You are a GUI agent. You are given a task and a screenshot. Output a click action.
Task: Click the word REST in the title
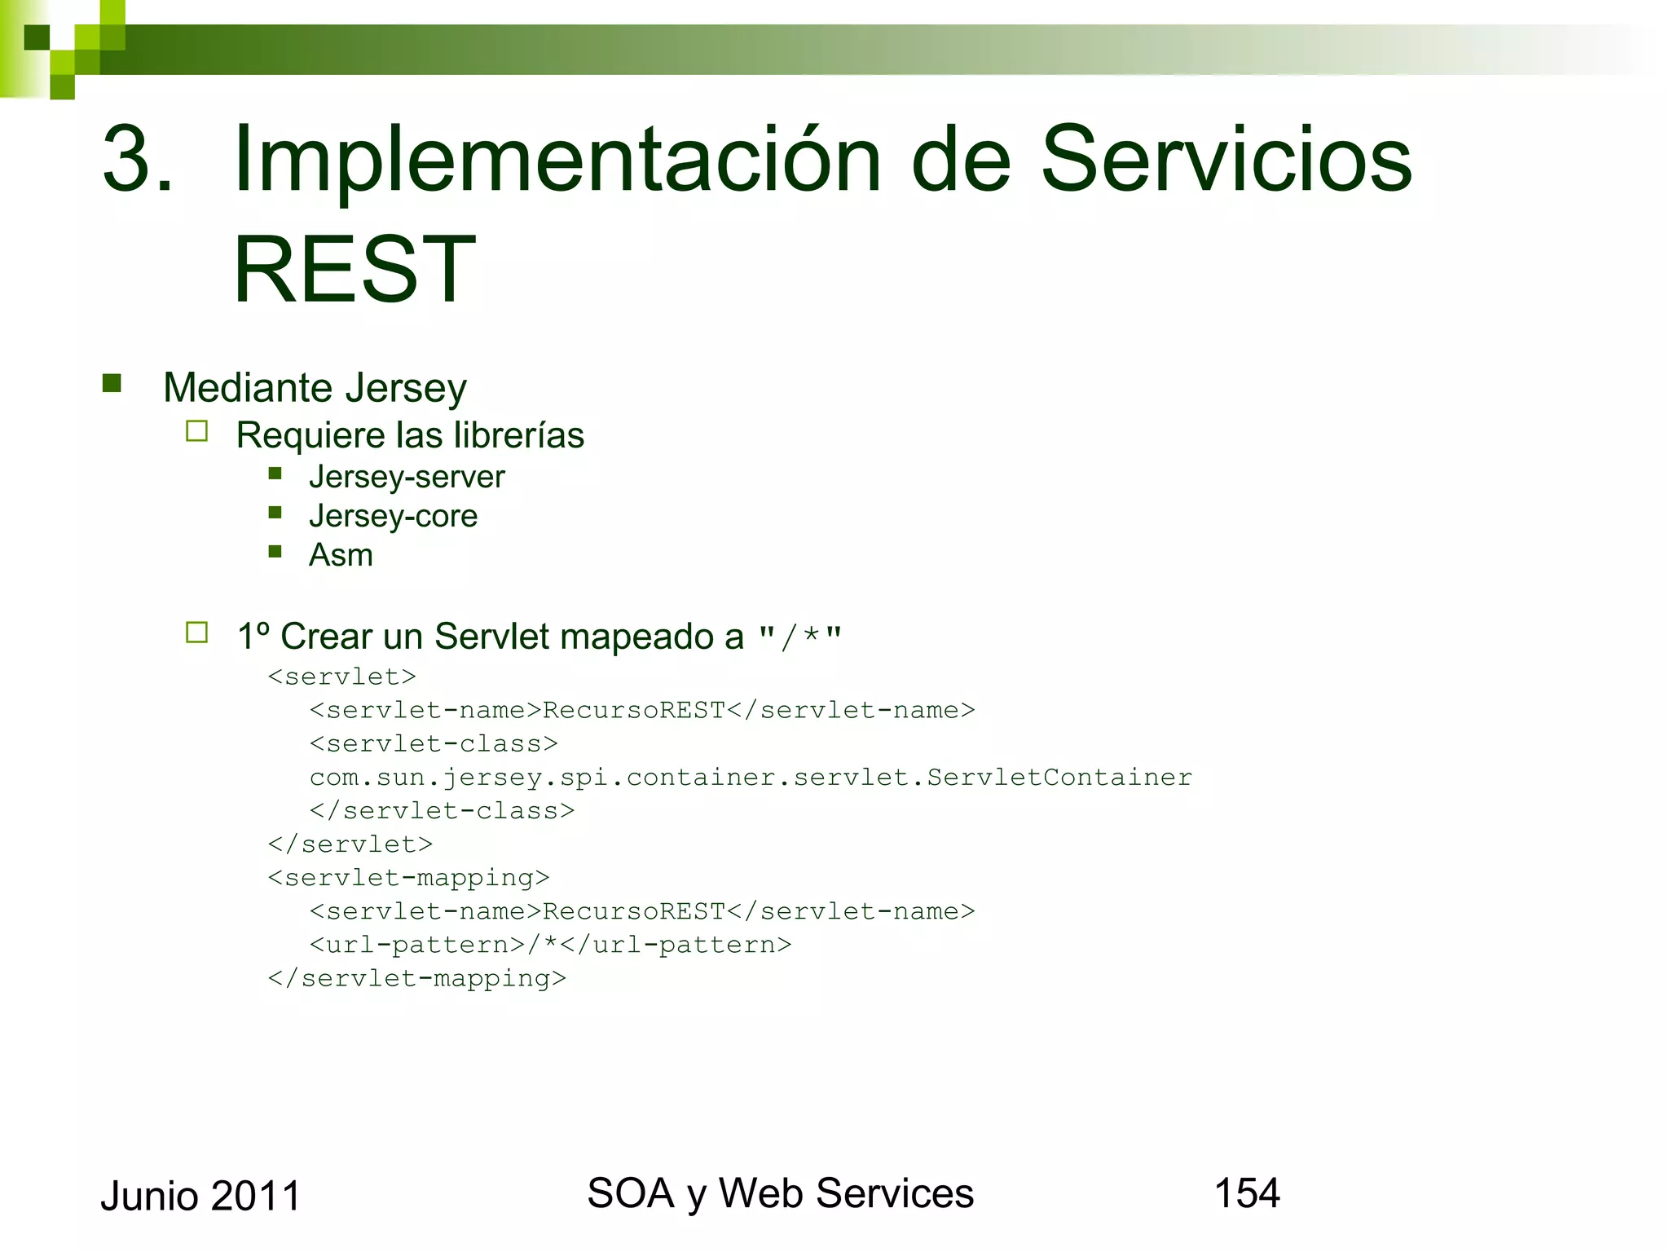pyautogui.click(x=354, y=270)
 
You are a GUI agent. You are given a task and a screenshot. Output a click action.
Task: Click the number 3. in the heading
pyautogui.click(x=137, y=159)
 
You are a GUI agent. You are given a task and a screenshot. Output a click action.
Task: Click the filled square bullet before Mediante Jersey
pyautogui.click(x=112, y=383)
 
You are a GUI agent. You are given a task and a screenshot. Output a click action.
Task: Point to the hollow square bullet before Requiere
pyautogui.click(x=196, y=430)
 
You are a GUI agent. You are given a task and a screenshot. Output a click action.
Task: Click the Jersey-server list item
pyautogui.click(x=406, y=477)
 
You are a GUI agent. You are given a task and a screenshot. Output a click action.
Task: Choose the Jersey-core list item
pyautogui.click(x=393, y=516)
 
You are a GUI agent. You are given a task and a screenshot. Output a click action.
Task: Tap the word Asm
pyautogui.click(x=341, y=555)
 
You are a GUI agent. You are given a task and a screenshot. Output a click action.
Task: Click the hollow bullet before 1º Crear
pyautogui.click(x=196, y=633)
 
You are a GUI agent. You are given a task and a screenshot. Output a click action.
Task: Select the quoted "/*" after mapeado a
pyautogui.click(x=799, y=637)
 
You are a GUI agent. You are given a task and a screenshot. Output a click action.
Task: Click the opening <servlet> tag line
pyautogui.click(x=341, y=677)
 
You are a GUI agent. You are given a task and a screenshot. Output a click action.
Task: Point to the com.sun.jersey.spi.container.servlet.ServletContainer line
pyautogui.click(x=750, y=777)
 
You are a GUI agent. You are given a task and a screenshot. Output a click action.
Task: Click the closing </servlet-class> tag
pyautogui.click(x=442, y=810)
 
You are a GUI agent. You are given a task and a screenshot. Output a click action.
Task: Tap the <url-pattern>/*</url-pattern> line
pyautogui.click(x=550, y=944)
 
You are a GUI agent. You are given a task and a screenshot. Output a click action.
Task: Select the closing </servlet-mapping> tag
pyautogui.click(x=416, y=977)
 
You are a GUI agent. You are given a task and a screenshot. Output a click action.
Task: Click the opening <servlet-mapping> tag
pyautogui.click(x=408, y=877)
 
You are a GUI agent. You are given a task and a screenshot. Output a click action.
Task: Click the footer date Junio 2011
pyautogui.click(x=200, y=1196)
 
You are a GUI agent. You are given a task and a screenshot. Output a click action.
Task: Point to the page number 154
pyautogui.click(x=1246, y=1193)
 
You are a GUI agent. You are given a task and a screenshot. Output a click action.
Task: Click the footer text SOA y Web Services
pyautogui.click(x=780, y=1193)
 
